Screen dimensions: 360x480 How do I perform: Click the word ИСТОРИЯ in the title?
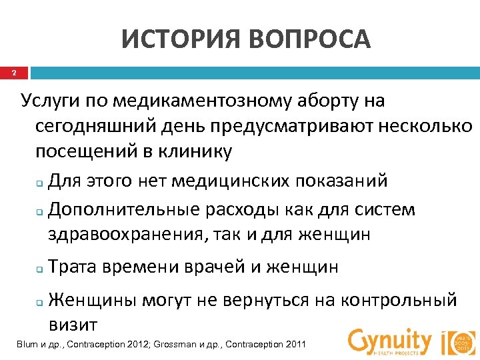point(179,40)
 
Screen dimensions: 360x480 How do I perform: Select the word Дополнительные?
point(125,209)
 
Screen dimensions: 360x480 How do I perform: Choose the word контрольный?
point(398,300)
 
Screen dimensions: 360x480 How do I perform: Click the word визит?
point(73,325)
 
